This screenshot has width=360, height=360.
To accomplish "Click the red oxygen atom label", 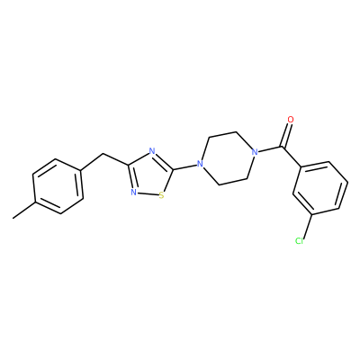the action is [290, 120].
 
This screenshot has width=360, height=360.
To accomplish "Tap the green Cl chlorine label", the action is [299, 240].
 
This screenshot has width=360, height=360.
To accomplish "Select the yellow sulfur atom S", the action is [162, 195].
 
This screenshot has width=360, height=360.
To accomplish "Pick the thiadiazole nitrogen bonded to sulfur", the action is [134, 193].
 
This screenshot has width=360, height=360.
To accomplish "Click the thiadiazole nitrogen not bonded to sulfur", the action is [152, 151].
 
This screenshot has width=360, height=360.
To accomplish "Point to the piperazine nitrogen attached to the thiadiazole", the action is [199, 164].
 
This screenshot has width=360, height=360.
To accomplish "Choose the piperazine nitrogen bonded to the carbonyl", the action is [255, 152].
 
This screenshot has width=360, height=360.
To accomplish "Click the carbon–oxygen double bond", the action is [286, 135].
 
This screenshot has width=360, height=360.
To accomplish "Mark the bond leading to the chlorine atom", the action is [308, 226].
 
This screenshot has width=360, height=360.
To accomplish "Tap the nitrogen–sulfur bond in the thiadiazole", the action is [148, 194].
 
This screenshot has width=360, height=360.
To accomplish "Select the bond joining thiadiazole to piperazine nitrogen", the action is [184, 166].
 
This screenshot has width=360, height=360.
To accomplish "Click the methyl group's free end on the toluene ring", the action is [13, 218].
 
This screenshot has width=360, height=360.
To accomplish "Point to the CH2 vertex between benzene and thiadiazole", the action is [103, 154].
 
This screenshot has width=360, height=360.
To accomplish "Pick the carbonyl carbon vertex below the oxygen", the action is [282, 147].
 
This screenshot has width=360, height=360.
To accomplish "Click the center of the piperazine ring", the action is [227, 158].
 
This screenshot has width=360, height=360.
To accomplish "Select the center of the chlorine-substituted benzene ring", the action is [320, 188].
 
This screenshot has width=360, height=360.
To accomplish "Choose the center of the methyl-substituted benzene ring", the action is [58, 186].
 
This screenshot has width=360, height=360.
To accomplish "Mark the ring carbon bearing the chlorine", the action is [313, 215].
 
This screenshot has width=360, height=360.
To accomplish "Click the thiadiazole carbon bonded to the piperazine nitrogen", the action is [173, 170].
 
